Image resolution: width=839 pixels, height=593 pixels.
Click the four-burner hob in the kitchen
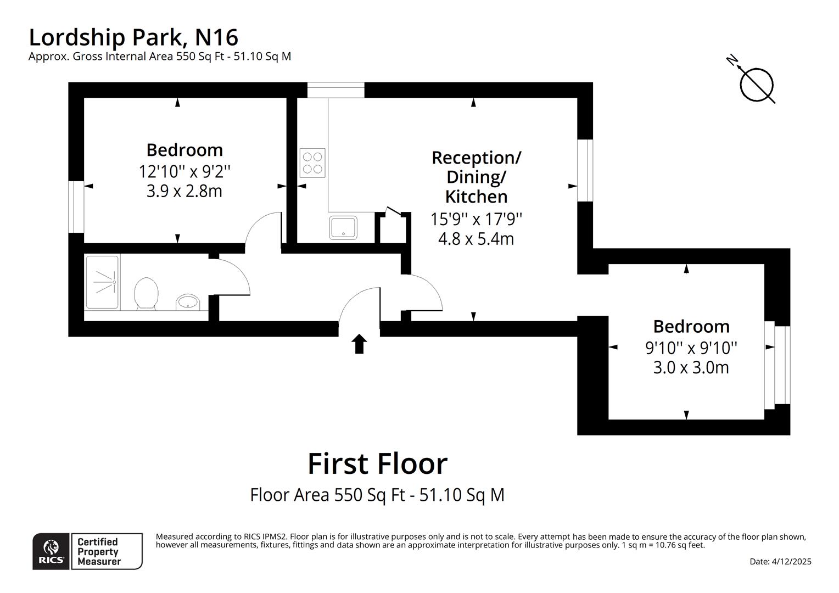(x=312, y=163)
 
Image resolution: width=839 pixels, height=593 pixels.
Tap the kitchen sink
(x=343, y=227)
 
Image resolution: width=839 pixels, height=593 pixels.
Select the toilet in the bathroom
(x=146, y=292)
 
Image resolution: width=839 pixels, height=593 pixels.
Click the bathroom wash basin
(x=188, y=301)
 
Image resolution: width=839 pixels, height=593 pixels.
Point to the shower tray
(x=102, y=282)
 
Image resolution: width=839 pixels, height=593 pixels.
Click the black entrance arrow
(x=359, y=344)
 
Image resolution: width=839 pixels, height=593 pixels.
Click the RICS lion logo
(x=51, y=551)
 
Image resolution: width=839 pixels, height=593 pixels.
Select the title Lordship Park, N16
(x=133, y=37)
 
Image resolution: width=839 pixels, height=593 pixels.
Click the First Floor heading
(x=377, y=463)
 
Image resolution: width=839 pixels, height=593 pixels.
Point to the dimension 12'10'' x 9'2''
(x=184, y=171)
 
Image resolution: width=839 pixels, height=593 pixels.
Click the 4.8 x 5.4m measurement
(x=476, y=239)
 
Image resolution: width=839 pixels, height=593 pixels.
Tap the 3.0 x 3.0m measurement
(x=691, y=367)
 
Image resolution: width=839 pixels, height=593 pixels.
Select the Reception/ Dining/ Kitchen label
(x=476, y=176)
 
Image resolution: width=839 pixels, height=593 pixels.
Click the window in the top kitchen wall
(x=335, y=90)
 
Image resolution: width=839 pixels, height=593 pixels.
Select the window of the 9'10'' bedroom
(x=776, y=365)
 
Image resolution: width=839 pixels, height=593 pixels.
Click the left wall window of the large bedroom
(x=76, y=206)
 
